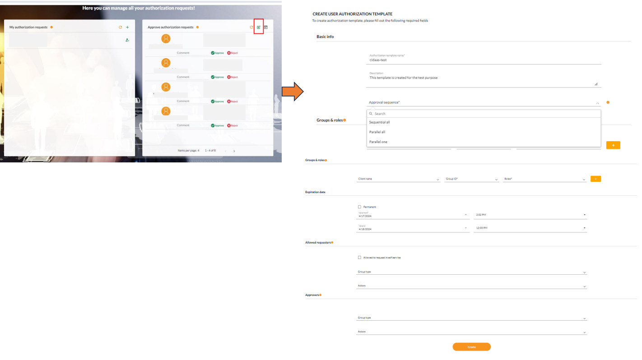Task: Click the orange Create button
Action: point(471,347)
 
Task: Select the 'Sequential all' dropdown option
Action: point(380,122)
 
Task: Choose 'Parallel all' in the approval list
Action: point(377,132)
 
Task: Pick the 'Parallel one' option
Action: point(378,142)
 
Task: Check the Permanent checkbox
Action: point(359,207)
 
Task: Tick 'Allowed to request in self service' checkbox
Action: point(359,258)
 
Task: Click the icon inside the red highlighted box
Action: point(259,28)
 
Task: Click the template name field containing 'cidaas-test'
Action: point(483,60)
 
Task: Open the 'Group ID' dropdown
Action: point(472,179)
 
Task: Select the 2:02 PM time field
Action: point(530,215)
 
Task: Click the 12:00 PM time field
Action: point(530,228)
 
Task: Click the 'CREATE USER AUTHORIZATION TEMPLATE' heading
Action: point(352,14)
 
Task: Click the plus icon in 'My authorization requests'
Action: point(127,28)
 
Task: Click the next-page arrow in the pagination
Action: point(234,151)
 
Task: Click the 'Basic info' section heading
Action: point(325,37)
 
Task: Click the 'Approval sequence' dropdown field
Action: point(483,102)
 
